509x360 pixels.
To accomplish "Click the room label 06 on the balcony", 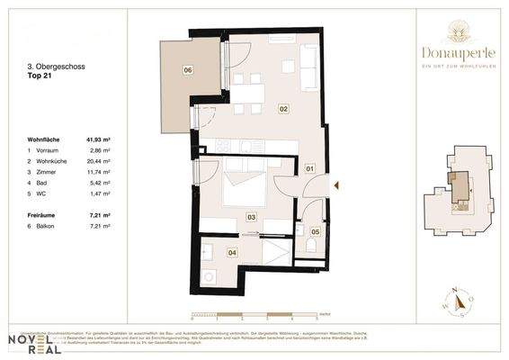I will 187,69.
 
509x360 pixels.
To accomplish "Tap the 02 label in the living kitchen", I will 282,108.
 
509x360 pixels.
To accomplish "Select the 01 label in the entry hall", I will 308,168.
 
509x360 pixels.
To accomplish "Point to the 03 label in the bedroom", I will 251,217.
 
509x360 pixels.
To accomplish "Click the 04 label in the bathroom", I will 232,253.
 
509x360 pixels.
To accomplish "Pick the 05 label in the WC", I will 315,232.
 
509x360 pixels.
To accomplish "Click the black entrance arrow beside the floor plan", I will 335,186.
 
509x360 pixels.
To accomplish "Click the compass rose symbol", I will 458,302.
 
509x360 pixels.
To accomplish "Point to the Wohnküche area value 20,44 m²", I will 99,159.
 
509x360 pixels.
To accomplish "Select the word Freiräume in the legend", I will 44,216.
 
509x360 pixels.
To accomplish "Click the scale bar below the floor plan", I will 254,313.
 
